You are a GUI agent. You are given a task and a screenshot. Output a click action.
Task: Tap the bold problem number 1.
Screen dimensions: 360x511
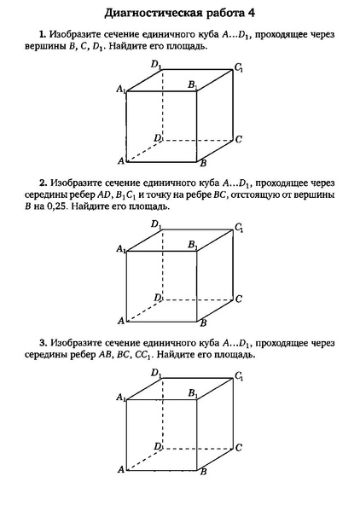(x=42, y=34)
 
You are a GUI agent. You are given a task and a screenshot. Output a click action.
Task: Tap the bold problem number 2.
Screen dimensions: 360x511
(x=42, y=183)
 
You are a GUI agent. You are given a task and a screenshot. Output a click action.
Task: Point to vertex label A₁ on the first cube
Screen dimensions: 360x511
(x=120, y=87)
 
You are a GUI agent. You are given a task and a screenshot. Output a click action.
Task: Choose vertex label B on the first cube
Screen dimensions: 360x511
(x=202, y=163)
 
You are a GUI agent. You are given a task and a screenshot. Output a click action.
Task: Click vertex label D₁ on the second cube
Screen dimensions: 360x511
(x=156, y=224)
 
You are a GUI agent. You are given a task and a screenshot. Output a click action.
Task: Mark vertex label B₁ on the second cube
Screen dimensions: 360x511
(x=193, y=244)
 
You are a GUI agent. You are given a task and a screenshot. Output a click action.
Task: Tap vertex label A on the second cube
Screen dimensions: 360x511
(x=121, y=321)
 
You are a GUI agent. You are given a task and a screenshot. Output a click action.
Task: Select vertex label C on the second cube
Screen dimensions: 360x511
(x=239, y=299)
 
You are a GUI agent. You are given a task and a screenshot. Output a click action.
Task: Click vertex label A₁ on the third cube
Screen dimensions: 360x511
(x=120, y=397)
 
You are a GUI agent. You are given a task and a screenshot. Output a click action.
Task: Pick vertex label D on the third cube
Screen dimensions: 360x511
(x=157, y=447)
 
